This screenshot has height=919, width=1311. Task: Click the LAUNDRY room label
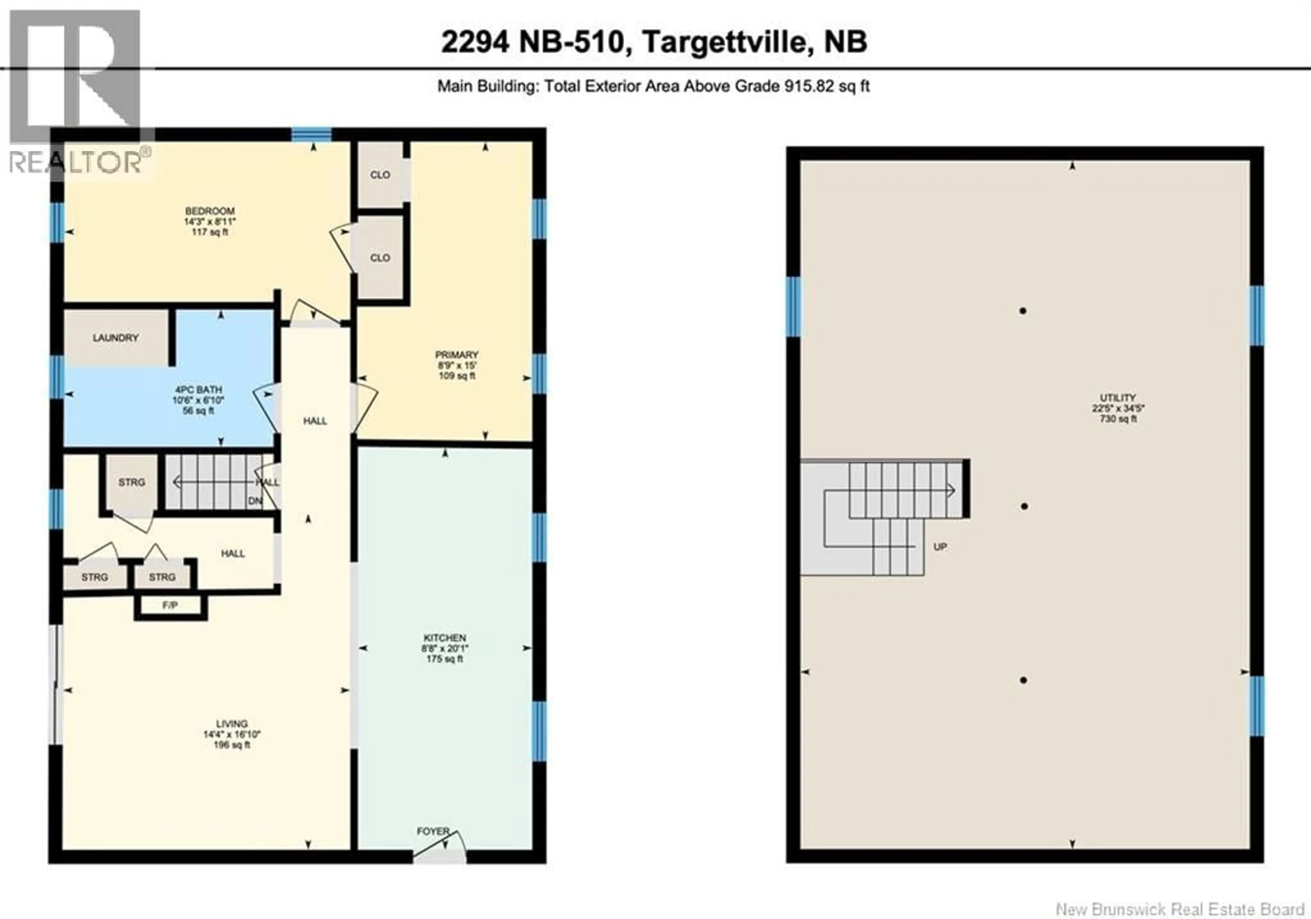tap(116, 338)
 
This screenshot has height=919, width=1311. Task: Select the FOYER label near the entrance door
tap(433, 832)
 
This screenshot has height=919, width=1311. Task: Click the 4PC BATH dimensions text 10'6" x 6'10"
tap(198, 401)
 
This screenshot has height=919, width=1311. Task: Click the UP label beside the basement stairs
tap(940, 547)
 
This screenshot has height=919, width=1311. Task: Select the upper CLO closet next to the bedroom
tap(380, 175)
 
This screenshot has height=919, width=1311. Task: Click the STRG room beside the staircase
tap(132, 482)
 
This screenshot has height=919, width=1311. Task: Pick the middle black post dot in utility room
tap(1024, 506)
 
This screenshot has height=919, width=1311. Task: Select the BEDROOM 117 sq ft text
tap(210, 232)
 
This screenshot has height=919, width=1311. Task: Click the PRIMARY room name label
tap(457, 355)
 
